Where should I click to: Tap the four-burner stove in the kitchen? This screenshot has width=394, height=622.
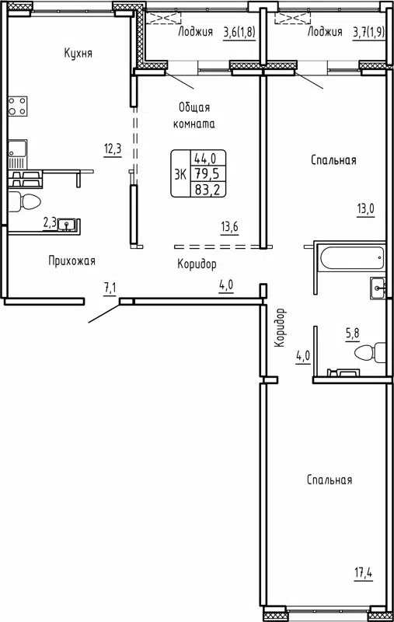click(x=17, y=106)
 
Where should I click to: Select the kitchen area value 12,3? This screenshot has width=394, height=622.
click(x=113, y=149)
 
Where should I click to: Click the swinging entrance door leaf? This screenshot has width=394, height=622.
click(x=103, y=310)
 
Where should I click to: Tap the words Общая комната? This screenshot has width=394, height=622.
click(x=194, y=115)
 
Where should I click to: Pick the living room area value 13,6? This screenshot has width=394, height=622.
click(x=228, y=226)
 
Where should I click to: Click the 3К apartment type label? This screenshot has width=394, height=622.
click(x=180, y=174)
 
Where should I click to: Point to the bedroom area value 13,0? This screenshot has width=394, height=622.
click(x=366, y=208)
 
